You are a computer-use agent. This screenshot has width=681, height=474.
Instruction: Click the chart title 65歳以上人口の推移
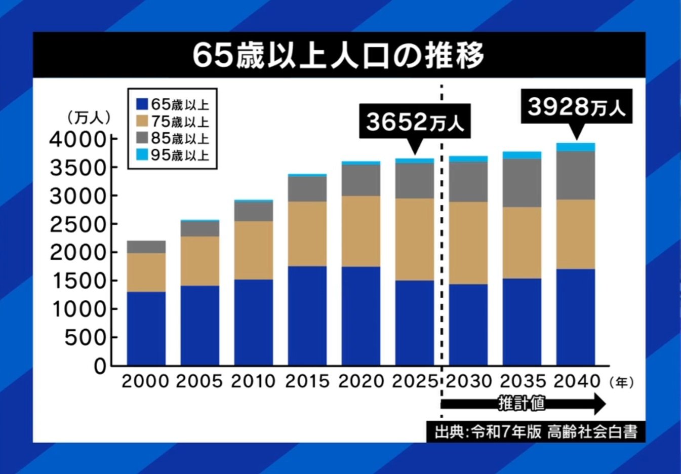tap(338, 55)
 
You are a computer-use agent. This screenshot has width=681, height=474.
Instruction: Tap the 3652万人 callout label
tap(415, 122)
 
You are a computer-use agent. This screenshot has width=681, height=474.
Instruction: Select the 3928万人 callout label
tap(576, 107)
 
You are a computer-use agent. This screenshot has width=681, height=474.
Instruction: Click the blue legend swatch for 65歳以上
tap(142, 104)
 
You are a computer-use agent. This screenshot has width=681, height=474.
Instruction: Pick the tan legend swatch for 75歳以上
tap(142, 122)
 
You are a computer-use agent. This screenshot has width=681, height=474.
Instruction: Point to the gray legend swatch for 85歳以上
tap(142, 138)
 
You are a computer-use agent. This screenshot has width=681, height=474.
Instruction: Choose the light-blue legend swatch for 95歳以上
tap(142, 155)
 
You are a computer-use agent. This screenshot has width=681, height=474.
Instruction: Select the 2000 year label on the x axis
tap(145, 381)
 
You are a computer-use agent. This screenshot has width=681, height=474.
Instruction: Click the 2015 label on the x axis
tap(307, 381)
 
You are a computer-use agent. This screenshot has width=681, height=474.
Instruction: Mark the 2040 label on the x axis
tap(576, 381)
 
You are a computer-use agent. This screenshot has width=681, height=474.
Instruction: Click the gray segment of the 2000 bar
tap(146, 247)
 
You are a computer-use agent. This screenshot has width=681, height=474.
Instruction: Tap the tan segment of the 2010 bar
tap(254, 250)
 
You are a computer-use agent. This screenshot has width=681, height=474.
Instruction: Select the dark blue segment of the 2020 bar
tap(361, 315)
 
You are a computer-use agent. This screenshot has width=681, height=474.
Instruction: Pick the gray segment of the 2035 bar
tap(522, 182)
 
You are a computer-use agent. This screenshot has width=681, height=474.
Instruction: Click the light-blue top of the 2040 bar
tap(576, 147)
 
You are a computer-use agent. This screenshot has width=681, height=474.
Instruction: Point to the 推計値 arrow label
tap(522, 404)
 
